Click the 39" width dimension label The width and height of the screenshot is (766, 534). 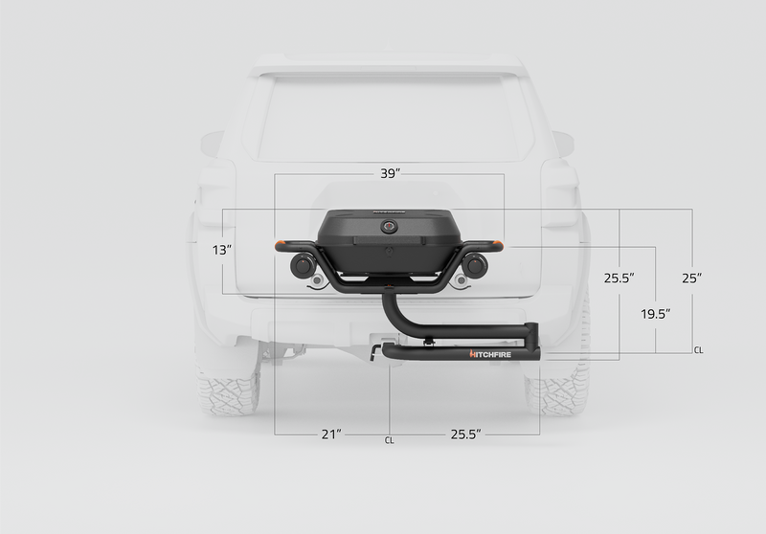tap(390, 173)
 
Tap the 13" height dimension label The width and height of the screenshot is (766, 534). tap(222, 250)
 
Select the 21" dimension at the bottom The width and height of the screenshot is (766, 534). tap(331, 434)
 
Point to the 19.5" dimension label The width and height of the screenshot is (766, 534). tap(655, 314)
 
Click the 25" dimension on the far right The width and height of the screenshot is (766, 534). tap(692, 278)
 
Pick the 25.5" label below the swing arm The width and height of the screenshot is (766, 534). tap(465, 434)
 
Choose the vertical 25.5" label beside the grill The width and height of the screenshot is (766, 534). tap(619, 278)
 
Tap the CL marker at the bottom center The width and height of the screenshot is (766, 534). tap(390, 441)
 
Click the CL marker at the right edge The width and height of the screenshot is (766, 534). tap(698, 351)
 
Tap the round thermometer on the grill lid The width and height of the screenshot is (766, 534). tap(390, 227)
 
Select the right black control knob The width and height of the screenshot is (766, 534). tap(474, 263)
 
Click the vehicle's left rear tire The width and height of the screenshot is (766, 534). tap(228, 388)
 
